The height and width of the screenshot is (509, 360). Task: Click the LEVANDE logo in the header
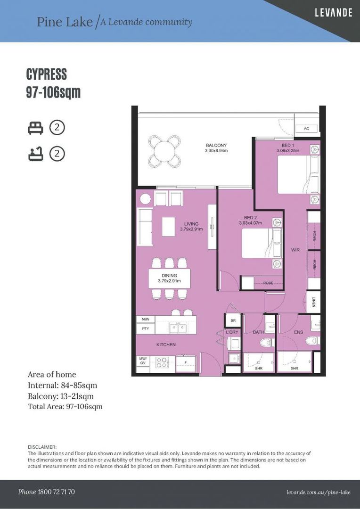(333, 13)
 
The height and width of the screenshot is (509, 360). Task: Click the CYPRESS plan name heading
(46, 74)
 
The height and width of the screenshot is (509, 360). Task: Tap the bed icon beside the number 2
(35, 127)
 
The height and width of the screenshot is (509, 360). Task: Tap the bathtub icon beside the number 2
(35, 154)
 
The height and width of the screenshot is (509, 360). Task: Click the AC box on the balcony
(306, 129)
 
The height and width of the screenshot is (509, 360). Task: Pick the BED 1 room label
(287, 145)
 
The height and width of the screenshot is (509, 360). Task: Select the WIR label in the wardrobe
(295, 250)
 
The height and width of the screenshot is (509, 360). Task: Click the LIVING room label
(191, 224)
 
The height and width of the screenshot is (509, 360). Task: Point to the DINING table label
(169, 276)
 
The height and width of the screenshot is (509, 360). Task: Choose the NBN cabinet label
(145, 319)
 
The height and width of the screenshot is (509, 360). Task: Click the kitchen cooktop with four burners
(162, 362)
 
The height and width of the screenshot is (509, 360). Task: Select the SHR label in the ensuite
(295, 369)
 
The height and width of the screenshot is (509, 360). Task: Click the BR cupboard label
(233, 320)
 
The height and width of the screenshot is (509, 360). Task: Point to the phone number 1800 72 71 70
(46, 492)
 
